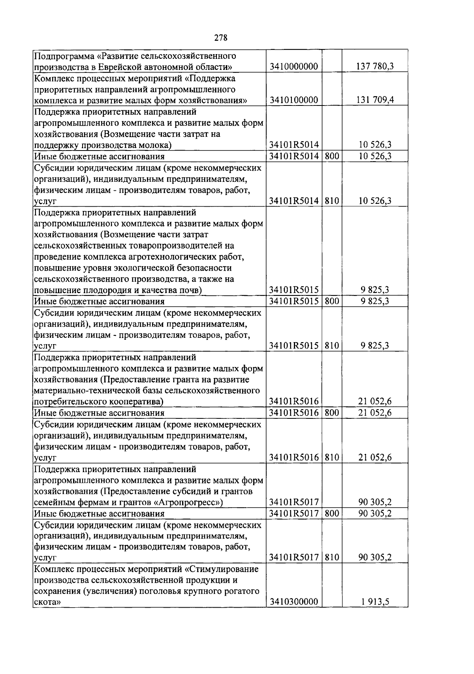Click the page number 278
point(221,38)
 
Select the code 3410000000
point(293,66)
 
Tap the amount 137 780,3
point(375,66)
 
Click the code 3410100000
point(293,100)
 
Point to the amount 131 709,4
point(375,100)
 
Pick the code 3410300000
point(293,602)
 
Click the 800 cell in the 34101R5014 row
point(332,156)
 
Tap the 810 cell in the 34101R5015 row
point(332,346)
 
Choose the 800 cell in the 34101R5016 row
point(332,413)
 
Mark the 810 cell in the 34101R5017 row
point(332,557)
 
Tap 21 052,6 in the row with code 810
point(375,457)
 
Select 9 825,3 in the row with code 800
point(375,301)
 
